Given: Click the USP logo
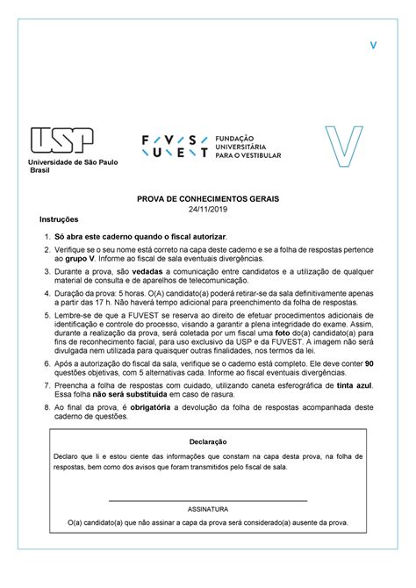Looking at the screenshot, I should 67,140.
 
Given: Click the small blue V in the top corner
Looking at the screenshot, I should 372,45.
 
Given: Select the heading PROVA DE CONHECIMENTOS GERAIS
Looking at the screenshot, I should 207,200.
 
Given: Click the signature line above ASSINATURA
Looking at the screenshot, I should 207,499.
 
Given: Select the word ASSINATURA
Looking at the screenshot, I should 207,508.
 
